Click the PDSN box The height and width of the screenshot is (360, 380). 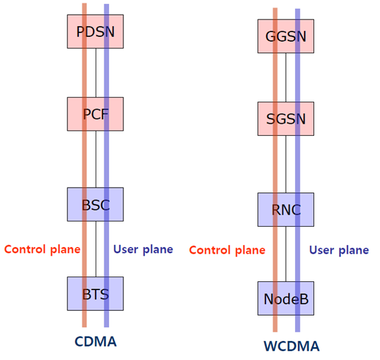pos(96,32)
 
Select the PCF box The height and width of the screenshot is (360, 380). pos(96,114)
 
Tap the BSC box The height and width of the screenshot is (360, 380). pos(96,205)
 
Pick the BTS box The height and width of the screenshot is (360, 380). pos(96,293)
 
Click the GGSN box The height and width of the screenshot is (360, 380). pos(286,36)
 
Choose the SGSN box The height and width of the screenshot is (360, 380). pos(286,119)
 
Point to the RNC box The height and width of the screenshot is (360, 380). pos(286,209)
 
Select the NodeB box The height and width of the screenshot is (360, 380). pos(286,299)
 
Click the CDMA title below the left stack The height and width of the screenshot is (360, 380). pos(95,341)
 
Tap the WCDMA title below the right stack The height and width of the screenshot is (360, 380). pos(291,347)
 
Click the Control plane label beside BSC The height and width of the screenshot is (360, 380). pos(42,249)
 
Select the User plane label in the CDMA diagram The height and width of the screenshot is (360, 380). pos(143,249)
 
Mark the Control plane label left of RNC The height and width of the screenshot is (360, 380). pos(226,250)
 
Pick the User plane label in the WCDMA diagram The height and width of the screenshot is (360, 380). pos(339,250)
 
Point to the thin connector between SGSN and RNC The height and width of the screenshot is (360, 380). pos(286,164)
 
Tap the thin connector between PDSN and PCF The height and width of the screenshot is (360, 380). pos(96,73)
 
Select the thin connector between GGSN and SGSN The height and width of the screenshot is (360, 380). pos(286,77)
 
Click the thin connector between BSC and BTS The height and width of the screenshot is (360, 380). pos(96,250)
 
